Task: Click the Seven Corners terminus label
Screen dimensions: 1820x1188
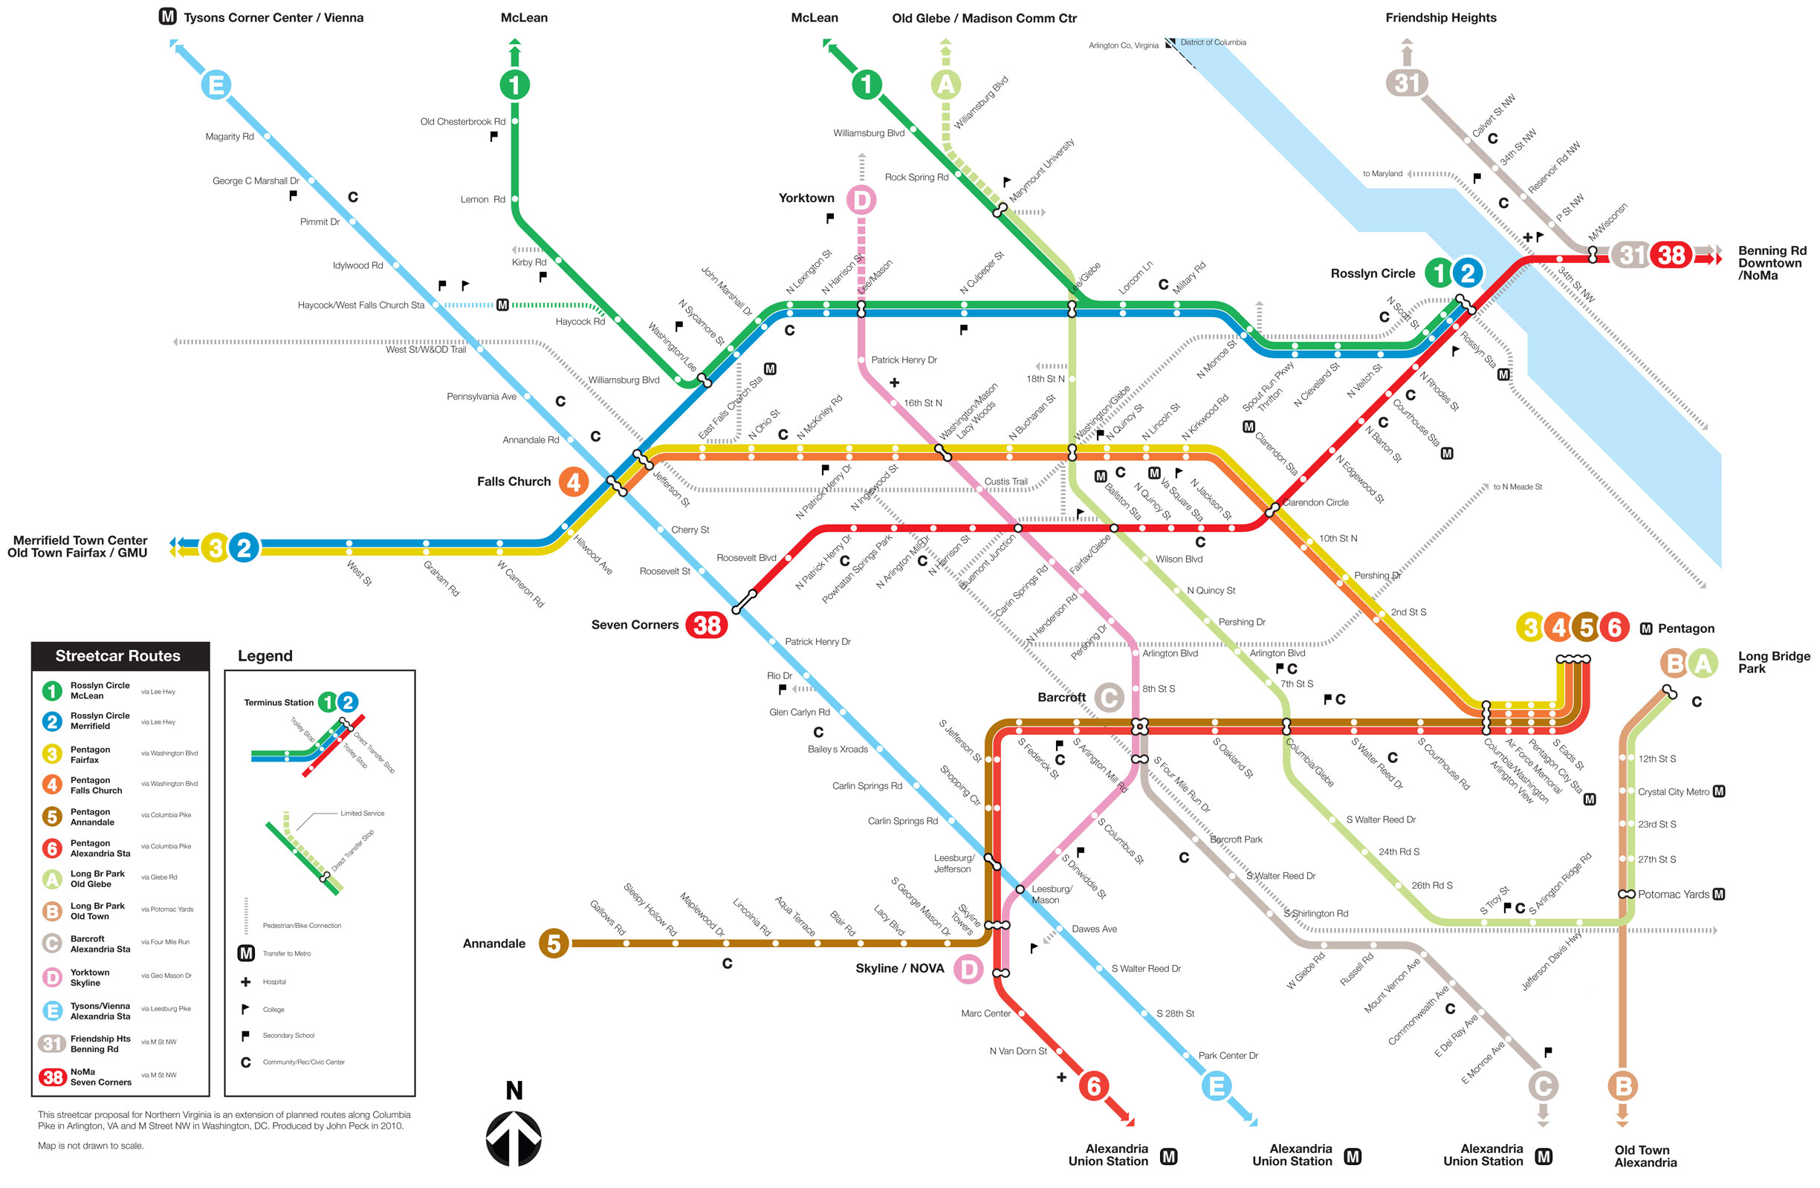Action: point(635,625)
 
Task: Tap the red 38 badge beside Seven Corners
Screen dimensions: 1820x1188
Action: point(706,625)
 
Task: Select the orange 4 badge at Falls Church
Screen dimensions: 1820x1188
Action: point(573,481)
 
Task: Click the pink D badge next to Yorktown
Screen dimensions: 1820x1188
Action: point(861,201)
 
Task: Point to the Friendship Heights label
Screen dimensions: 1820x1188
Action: point(1441,18)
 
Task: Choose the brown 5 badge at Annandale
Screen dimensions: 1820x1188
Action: point(554,944)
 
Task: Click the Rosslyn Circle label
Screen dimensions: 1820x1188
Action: point(1373,273)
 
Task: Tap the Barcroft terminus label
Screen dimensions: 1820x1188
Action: point(1061,697)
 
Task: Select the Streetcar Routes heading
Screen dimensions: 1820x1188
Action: point(117,656)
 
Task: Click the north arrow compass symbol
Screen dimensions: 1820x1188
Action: point(514,1138)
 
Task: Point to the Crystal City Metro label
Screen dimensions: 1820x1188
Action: point(1673,792)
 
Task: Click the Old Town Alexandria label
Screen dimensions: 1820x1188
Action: point(1645,1156)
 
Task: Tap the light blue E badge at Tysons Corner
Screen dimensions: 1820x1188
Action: point(216,84)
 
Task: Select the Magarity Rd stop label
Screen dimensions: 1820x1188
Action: point(230,137)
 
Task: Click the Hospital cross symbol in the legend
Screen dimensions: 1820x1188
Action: point(245,981)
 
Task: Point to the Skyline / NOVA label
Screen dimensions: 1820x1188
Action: point(899,969)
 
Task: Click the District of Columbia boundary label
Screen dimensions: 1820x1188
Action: point(1213,42)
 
